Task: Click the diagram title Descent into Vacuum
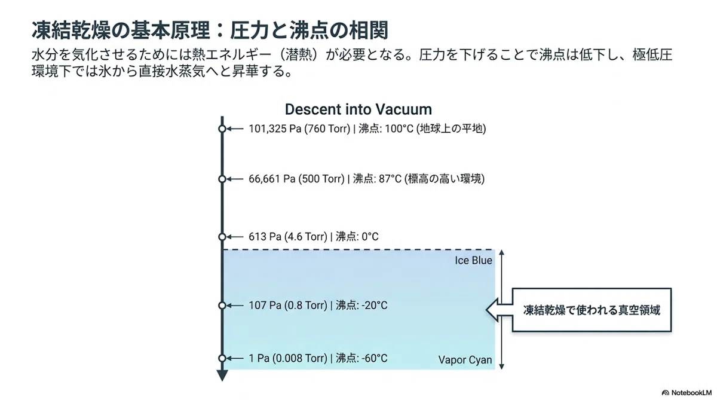point(358,109)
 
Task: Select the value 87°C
point(390,179)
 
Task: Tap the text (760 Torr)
point(327,129)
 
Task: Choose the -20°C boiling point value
point(374,306)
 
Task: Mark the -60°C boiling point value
point(374,358)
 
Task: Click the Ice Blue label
point(473,260)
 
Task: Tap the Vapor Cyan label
point(465,360)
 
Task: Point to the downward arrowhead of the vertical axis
point(222,375)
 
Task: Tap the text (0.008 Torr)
point(299,358)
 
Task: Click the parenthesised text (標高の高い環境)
point(445,179)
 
